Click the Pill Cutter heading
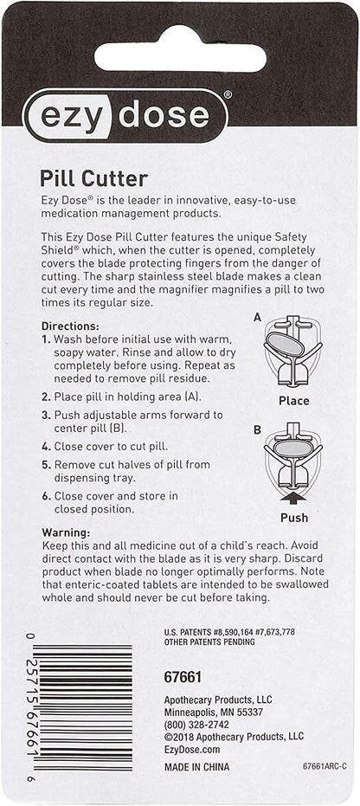94,179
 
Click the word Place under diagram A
293,401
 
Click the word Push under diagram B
293,518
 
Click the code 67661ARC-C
324,767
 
